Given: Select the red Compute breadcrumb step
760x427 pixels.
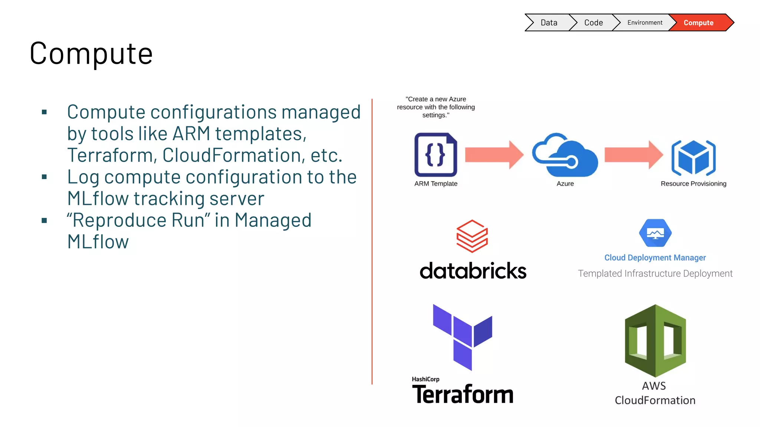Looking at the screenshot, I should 699,23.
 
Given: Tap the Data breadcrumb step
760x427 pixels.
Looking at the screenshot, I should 548,23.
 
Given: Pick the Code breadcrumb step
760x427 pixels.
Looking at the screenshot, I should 593,23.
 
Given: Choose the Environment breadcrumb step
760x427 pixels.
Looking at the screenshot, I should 645,23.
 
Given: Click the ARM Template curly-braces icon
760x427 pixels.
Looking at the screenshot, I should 436,155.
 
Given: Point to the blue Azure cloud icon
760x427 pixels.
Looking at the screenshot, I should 565,155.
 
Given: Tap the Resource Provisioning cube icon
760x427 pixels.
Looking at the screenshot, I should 693,158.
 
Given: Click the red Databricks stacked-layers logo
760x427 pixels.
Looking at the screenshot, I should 472,236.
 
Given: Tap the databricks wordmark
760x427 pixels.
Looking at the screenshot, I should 473,271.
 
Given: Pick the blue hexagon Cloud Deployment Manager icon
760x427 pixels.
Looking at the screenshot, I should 655,233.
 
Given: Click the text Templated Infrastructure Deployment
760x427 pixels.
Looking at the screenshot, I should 655,274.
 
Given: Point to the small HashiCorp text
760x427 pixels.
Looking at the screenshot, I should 425,379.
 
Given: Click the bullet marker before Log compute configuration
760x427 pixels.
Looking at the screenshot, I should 45,177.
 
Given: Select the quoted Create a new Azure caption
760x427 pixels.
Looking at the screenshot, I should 436,107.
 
